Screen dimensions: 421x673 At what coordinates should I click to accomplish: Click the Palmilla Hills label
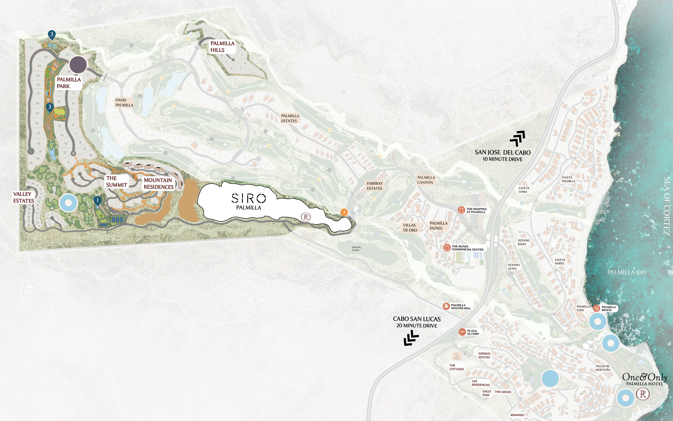click(222, 47)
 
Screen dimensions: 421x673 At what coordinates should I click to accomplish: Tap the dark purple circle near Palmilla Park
click(78, 65)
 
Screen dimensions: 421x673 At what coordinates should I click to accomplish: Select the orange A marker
click(344, 212)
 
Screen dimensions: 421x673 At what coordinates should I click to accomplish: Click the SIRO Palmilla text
click(249, 201)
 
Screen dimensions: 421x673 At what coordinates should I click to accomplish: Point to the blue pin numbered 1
click(97, 201)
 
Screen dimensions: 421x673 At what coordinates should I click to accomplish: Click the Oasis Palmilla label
click(124, 102)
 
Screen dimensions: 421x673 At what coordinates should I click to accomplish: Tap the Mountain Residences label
click(159, 184)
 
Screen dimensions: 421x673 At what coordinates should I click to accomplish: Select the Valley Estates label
click(23, 197)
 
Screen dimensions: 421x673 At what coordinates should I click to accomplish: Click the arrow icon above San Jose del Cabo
click(518, 138)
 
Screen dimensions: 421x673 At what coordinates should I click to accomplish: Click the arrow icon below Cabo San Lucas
click(411, 338)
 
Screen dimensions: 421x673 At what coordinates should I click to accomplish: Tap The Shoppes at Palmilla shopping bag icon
click(461, 210)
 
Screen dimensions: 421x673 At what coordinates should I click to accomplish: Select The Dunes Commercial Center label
click(467, 248)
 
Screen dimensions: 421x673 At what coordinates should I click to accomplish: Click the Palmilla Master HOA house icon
click(446, 306)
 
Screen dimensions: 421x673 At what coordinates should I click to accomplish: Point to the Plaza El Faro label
click(473, 332)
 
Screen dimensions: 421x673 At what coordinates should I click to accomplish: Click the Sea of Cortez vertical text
click(667, 206)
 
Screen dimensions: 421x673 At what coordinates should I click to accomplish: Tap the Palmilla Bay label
click(627, 272)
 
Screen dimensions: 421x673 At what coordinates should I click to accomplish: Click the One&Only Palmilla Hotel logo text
click(644, 379)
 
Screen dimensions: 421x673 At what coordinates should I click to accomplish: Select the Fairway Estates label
click(374, 186)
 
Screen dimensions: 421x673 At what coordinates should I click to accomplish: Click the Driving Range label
click(356, 249)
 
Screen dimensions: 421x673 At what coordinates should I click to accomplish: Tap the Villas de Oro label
click(410, 228)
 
